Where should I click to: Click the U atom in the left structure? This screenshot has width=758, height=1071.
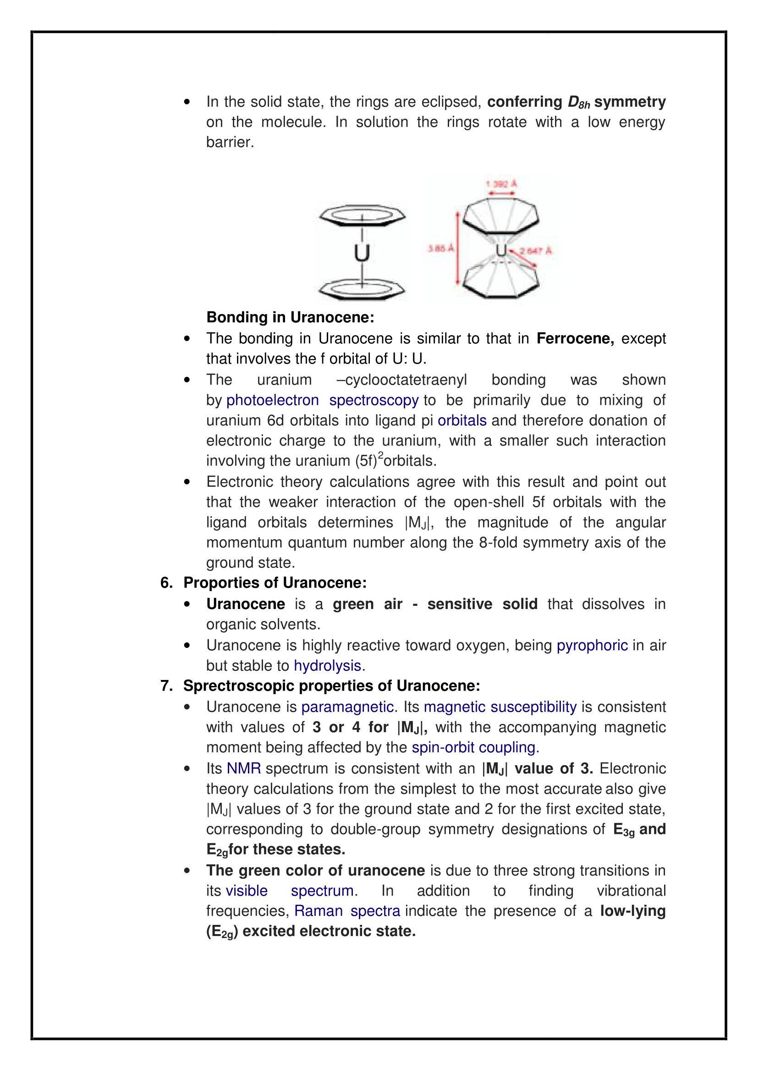pyautogui.click(x=362, y=253)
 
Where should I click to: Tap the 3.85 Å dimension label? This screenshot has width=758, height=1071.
pyautogui.click(x=440, y=249)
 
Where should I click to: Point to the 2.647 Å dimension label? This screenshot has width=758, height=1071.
pyautogui.click(x=536, y=251)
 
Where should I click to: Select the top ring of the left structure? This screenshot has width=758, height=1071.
pyautogui.click(x=362, y=215)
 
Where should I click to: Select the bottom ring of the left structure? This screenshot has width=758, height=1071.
pyautogui.click(x=362, y=290)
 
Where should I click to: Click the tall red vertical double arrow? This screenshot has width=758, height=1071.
pyautogui.click(x=458, y=248)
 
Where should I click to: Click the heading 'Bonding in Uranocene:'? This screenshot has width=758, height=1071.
pyautogui.click(x=290, y=317)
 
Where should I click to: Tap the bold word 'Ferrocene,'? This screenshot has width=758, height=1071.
pyautogui.click(x=575, y=338)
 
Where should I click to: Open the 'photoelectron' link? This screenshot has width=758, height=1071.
pyautogui.click(x=273, y=400)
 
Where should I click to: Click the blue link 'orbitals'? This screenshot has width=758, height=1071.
pyautogui.click(x=461, y=420)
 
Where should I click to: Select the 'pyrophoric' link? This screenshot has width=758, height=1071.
pyautogui.click(x=592, y=645)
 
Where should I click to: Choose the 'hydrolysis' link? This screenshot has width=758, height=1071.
pyautogui.click(x=328, y=666)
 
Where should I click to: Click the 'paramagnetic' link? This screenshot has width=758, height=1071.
pyautogui.click(x=347, y=707)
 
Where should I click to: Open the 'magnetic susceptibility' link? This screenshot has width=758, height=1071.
pyautogui.click(x=500, y=707)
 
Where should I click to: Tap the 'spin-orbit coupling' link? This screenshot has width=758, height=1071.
pyautogui.click(x=473, y=747)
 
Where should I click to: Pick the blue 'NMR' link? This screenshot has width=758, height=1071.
pyautogui.click(x=244, y=768)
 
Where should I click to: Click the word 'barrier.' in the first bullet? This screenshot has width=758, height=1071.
pyautogui.click(x=230, y=142)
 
